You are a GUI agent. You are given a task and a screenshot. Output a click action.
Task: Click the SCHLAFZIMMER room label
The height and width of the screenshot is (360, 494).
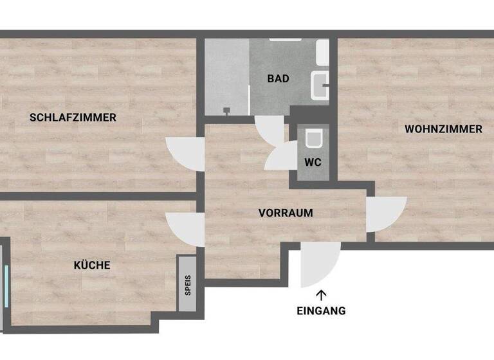[x=73, y=118]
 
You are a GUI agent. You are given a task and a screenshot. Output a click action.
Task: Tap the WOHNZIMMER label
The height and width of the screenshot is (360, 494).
[x=443, y=129]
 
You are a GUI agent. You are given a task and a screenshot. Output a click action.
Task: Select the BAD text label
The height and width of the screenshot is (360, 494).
[x=279, y=79]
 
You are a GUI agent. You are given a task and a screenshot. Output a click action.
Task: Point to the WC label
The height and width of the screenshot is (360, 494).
[x=313, y=162]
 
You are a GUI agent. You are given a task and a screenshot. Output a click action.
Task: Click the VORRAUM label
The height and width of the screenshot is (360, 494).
[x=286, y=213]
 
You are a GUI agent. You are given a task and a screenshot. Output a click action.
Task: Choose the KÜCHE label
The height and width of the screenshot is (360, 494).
[x=92, y=265]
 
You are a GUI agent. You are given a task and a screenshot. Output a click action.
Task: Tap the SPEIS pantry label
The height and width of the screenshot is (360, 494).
[x=188, y=284]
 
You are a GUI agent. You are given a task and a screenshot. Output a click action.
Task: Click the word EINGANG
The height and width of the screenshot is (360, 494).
[x=321, y=311]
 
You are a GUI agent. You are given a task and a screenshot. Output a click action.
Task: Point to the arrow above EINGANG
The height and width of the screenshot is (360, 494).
[x=321, y=295]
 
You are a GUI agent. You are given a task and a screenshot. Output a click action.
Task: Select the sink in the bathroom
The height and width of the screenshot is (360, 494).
[x=320, y=85]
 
